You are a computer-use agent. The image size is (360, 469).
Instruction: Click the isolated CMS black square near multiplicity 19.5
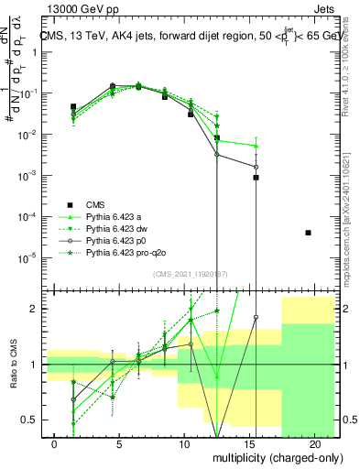click(x=308, y=233)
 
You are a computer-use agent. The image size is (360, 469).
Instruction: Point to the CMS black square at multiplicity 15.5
click(x=256, y=178)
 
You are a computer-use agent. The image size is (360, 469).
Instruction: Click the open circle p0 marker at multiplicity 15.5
click(x=256, y=167)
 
